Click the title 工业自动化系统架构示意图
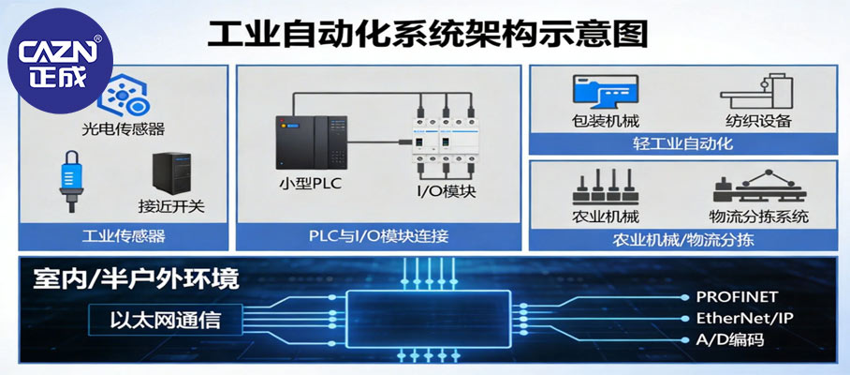(426, 36)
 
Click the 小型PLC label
(310, 183)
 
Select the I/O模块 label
(447, 191)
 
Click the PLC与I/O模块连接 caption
(378, 236)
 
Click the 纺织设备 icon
(756, 92)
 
